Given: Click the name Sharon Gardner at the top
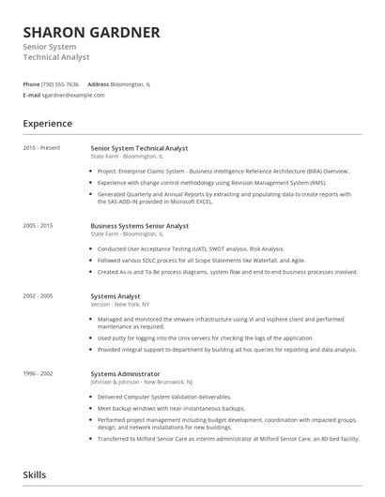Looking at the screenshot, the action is coord(91,32).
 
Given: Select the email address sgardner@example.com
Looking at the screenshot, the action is coord(74,95).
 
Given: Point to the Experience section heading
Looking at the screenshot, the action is coord(48,124).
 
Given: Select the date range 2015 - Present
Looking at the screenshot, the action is coord(42,148).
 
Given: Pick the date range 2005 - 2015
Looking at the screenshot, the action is coord(38,226).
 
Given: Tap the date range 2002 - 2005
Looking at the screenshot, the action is coord(38,295).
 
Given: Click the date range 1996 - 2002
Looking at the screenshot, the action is coord(38,373).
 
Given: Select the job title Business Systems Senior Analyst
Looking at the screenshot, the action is coord(140,226).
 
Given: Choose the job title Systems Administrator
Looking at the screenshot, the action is coord(125,373).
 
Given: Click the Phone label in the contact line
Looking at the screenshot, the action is coord(32,84).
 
